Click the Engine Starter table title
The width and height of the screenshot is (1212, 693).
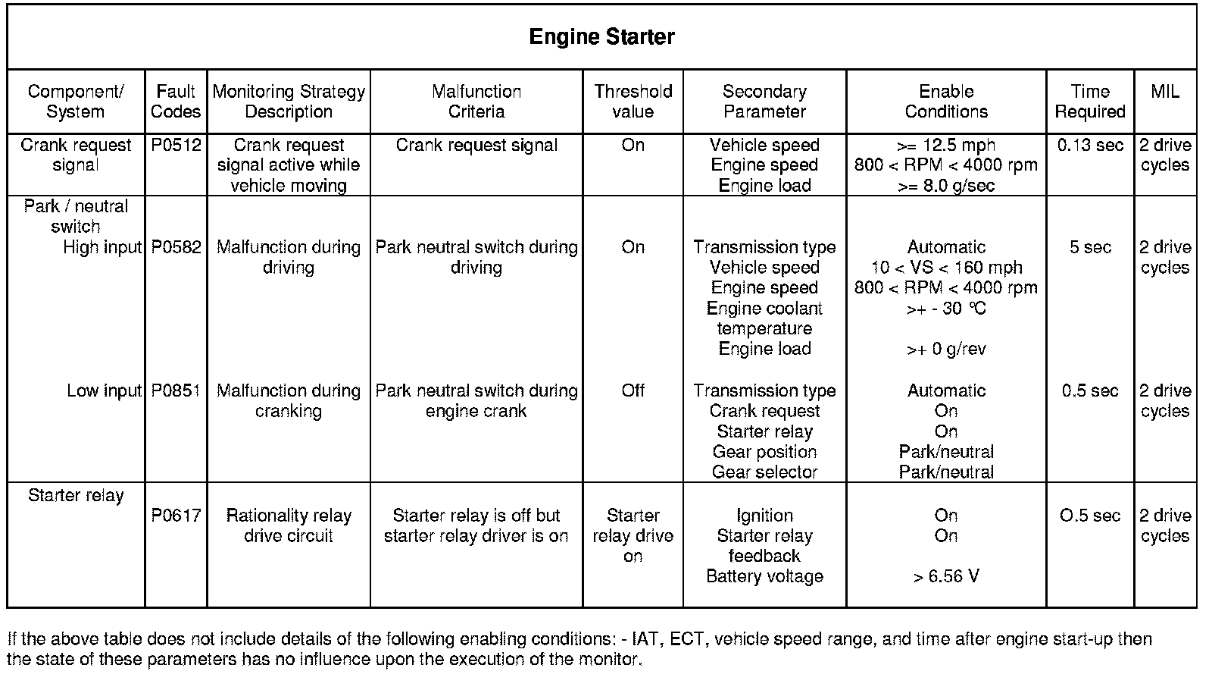coord(601,37)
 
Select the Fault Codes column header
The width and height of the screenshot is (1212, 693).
coord(176,102)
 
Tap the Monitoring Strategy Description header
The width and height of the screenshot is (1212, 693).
coord(289,102)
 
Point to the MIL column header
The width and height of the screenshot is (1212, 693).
coord(1164,92)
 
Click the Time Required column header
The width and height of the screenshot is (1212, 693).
coord(1090,102)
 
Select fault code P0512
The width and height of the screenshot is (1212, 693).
coord(176,145)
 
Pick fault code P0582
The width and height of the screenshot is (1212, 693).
coord(176,247)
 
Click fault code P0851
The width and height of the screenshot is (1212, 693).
coord(176,390)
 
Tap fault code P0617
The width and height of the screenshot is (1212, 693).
coord(176,516)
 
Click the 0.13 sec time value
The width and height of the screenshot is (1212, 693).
coord(1090,145)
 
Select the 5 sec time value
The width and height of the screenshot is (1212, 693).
coord(1090,247)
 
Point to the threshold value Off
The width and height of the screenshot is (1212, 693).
coord(633,390)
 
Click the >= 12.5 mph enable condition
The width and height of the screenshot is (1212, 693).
coord(945,145)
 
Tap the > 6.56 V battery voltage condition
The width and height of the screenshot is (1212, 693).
coord(945,576)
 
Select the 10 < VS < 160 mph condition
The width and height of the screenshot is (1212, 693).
coord(945,268)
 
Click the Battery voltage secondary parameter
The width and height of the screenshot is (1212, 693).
coord(764,576)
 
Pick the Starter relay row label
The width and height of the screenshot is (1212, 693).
coord(76,495)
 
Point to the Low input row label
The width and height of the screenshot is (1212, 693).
coord(104,390)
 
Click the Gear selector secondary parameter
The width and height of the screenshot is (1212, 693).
coord(764,472)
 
